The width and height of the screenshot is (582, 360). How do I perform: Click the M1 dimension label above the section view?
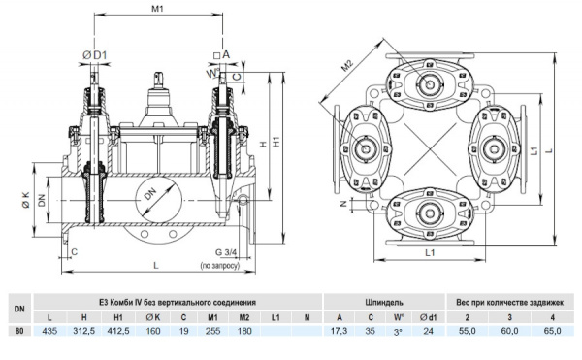pos(158,8)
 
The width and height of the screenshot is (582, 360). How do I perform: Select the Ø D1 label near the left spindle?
pos(95,55)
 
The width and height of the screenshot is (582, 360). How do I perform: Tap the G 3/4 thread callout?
pos(226,252)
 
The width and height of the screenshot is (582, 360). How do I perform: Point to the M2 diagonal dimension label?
pos(346,66)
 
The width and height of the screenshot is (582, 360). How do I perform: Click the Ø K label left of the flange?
pos(25,200)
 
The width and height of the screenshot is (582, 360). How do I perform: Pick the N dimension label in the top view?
pos(343,204)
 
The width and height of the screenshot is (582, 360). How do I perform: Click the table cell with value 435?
pos(49,331)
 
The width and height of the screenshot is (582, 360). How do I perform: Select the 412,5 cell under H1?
pos(118,331)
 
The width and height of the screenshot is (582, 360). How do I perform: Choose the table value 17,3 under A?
pos(339,331)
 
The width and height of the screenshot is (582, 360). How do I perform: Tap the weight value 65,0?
pos(552,331)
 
